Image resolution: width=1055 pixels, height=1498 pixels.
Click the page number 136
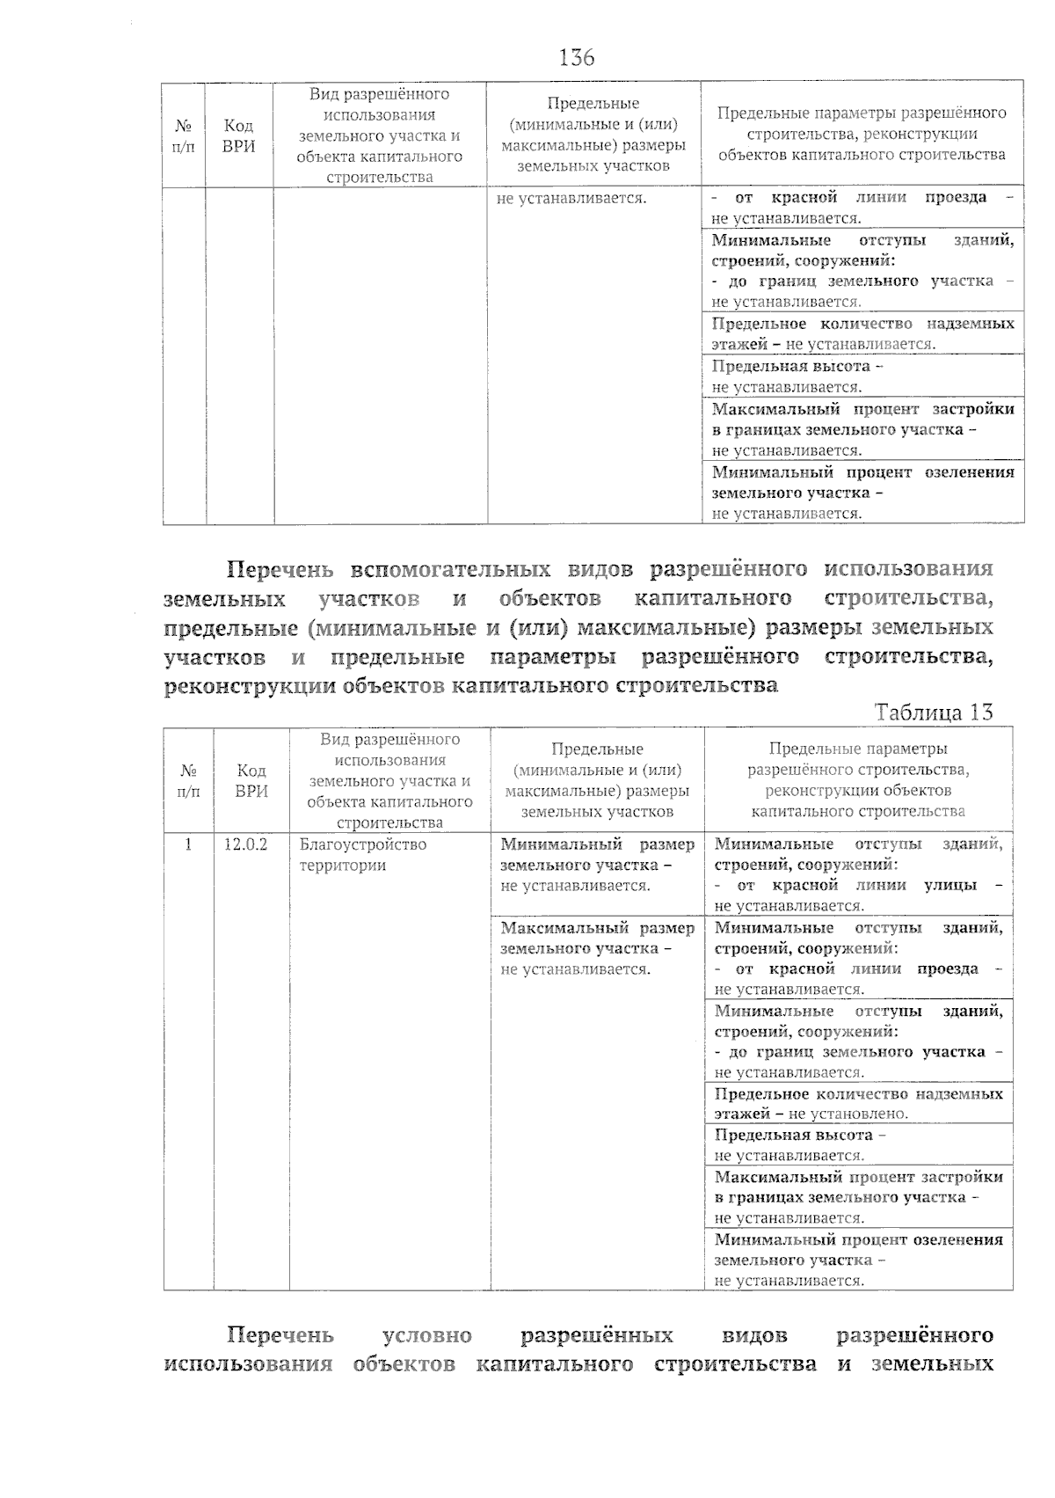[x=577, y=58]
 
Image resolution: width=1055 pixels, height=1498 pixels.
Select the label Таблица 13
[x=933, y=712]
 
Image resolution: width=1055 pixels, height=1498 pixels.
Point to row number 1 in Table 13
[x=187, y=844]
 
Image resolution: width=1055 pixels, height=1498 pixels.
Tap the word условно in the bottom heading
[x=427, y=1335]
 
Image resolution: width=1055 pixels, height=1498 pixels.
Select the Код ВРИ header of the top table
[x=238, y=135]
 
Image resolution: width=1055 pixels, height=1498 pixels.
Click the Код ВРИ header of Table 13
[x=251, y=780]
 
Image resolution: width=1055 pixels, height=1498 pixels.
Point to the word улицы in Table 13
[x=950, y=885]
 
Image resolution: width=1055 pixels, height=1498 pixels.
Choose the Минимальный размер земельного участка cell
[x=597, y=865]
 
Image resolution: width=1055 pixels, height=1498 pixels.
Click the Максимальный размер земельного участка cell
[x=597, y=948]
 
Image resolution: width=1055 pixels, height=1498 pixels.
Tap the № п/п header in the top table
[x=183, y=135]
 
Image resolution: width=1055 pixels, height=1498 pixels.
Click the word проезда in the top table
[x=955, y=197]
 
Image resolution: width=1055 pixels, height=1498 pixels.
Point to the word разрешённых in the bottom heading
[x=597, y=1335]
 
